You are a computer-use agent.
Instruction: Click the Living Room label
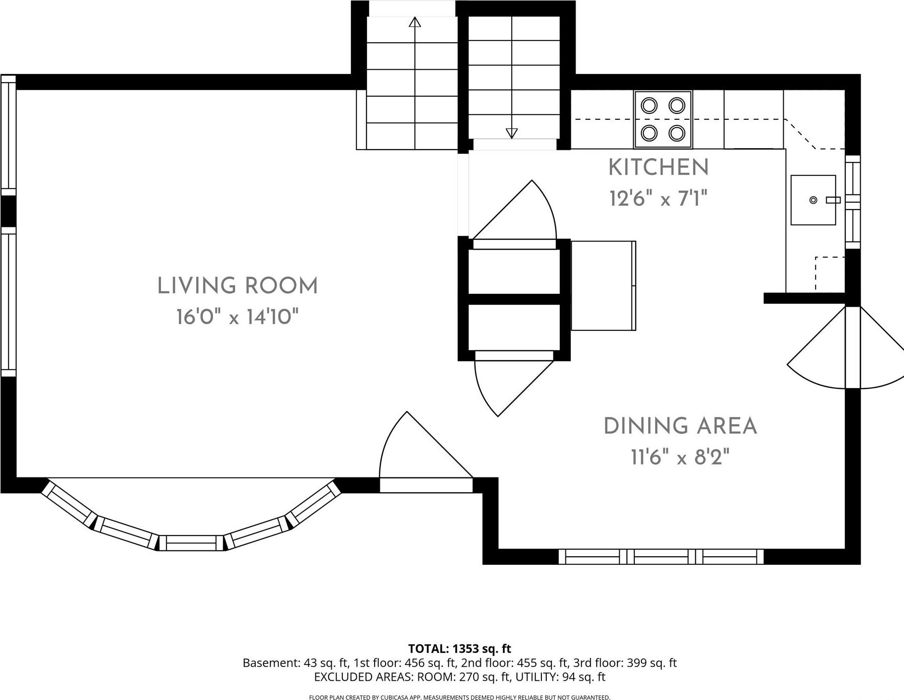coord(238,286)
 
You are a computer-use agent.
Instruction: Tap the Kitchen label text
coord(659,167)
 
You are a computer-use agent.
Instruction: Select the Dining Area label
coord(680,426)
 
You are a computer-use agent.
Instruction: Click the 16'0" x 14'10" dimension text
coord(238,317)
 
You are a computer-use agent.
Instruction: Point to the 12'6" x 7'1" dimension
coord(659,198)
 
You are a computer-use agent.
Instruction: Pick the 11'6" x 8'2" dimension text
coord(680,457)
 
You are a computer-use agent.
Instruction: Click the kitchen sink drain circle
coord(813,200)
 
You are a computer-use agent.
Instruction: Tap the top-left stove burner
coord(650,105)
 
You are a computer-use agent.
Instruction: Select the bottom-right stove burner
coord(677,132)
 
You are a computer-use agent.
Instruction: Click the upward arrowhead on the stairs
coord(415,22)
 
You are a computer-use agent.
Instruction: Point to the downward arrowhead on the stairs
coord(512,133)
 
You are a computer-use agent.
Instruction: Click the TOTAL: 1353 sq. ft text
coord(460,649)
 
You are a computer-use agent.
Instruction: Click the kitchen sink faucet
coord(833,200)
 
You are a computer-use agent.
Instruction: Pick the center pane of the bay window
coord(192,543)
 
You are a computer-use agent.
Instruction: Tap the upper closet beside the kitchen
coord(514,271)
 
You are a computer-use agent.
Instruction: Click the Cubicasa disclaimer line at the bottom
coord(460,697)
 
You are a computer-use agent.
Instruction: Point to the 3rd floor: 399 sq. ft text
coord(625,663)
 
